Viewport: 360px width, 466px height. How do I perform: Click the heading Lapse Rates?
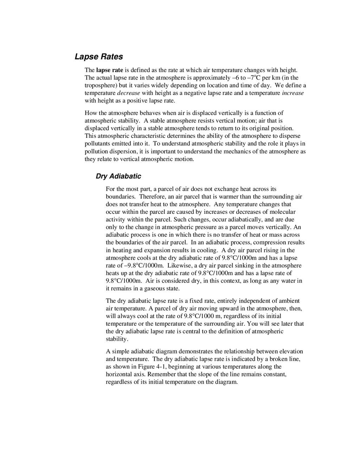[99, 57]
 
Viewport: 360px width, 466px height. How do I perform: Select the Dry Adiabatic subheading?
[118, 176]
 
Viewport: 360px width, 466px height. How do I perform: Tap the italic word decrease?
[128, 93]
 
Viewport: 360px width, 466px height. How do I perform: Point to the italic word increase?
[293, 93]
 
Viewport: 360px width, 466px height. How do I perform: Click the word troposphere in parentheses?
[100, 85]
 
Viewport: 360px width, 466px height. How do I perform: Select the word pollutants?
[97, 143]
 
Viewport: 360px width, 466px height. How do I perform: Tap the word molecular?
[283, 212]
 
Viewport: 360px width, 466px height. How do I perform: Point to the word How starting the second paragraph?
[90, 113]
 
